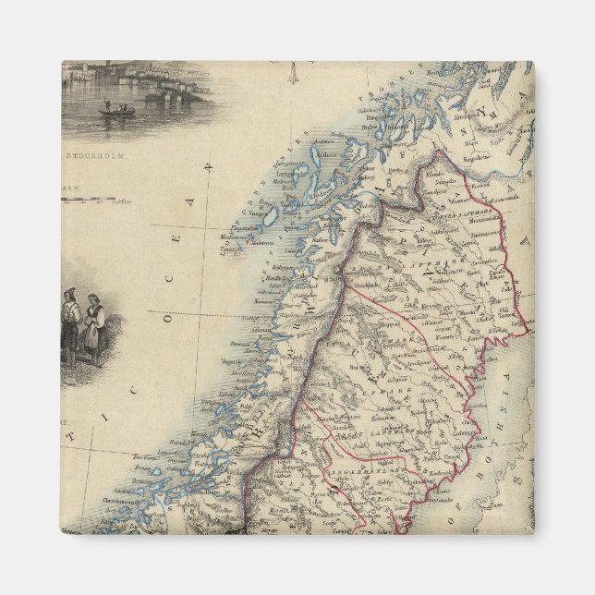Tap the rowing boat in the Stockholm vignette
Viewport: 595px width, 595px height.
click(116, 111)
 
